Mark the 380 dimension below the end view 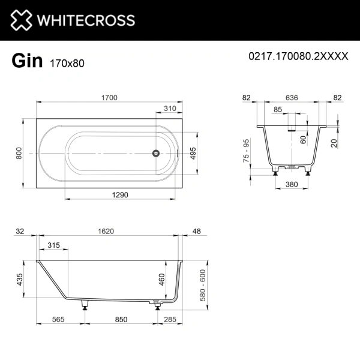click(293, 185)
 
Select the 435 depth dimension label click(20, 280)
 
